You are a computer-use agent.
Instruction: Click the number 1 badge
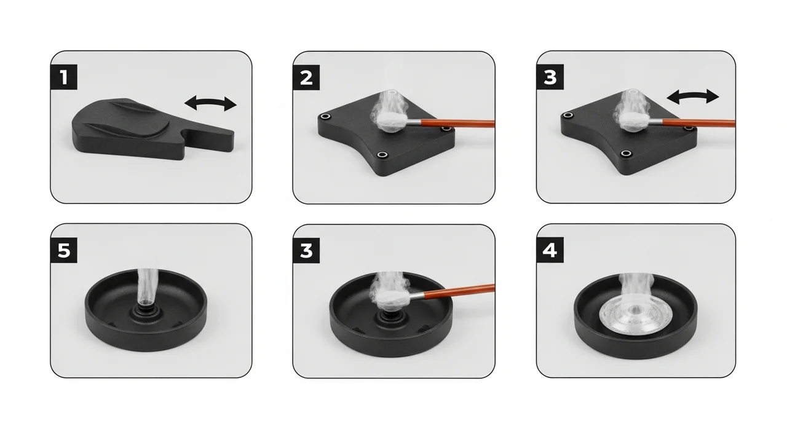coord(63,77)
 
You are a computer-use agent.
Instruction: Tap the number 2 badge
coord(306,77)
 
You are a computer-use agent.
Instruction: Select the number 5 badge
coord(63,250)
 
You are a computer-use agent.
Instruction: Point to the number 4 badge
coord(550,250)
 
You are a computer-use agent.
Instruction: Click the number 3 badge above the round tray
coord(306,251)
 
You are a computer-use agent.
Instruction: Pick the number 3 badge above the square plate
coord(550,77)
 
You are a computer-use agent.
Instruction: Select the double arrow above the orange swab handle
coord(693,96)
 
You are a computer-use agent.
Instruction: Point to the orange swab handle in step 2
coord(457,123)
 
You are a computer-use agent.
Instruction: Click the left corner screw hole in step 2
coord(325,116)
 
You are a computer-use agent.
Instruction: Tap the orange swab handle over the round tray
coord(459,291)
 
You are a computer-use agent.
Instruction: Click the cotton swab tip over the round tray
coord(392,298)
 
